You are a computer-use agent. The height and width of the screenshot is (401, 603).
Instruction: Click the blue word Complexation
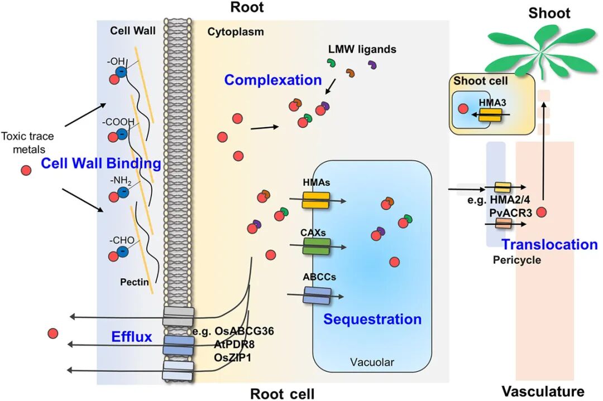(x=273, y=80)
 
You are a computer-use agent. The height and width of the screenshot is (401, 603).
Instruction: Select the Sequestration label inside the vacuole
(x=372, y=319)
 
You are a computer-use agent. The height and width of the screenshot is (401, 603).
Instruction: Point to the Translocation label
(x=549, y=244)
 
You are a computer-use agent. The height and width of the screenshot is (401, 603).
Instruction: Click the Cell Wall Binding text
(x=100, y=164)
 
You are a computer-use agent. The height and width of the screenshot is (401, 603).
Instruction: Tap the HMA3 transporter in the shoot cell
(x=490, y=115)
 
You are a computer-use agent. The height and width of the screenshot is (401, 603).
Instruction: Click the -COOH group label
(x=118, y=122)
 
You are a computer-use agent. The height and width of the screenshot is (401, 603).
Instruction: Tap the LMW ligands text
(x=362, y=50)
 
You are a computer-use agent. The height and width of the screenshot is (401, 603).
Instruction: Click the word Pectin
(x=135, y=282)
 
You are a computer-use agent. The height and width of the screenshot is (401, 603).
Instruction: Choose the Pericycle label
(x=517, y=260)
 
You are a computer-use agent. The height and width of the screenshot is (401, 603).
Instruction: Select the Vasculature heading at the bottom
(x=543, y=391)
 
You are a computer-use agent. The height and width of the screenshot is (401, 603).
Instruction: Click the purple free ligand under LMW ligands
(x=372, y=66)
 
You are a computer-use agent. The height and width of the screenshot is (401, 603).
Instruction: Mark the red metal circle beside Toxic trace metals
(x=26, y=170)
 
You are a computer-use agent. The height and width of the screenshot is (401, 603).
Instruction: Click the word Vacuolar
(x=372, y=363)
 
